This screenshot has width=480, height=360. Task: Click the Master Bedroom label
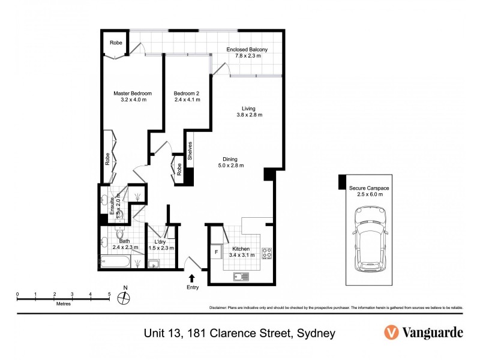click(133, 94)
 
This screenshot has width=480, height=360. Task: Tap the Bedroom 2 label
click(186, 94)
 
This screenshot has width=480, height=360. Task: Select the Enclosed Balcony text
click(247, 49)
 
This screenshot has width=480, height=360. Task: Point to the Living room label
click(248, 109)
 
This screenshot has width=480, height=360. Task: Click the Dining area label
click(230, 160)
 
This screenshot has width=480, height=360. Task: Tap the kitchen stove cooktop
click(266, 253)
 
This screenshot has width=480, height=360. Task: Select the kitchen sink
click(241, 277)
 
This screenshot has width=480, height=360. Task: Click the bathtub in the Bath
click(114, 262)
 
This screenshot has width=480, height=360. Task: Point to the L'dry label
click(161, 241)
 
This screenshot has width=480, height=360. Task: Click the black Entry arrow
click(192, 278)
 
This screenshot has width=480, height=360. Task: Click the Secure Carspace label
click(369, 188)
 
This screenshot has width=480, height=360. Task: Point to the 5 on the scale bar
click(109, 294)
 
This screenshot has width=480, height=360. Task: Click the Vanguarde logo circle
click(391, 332)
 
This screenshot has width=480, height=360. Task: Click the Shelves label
click(190, 149)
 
